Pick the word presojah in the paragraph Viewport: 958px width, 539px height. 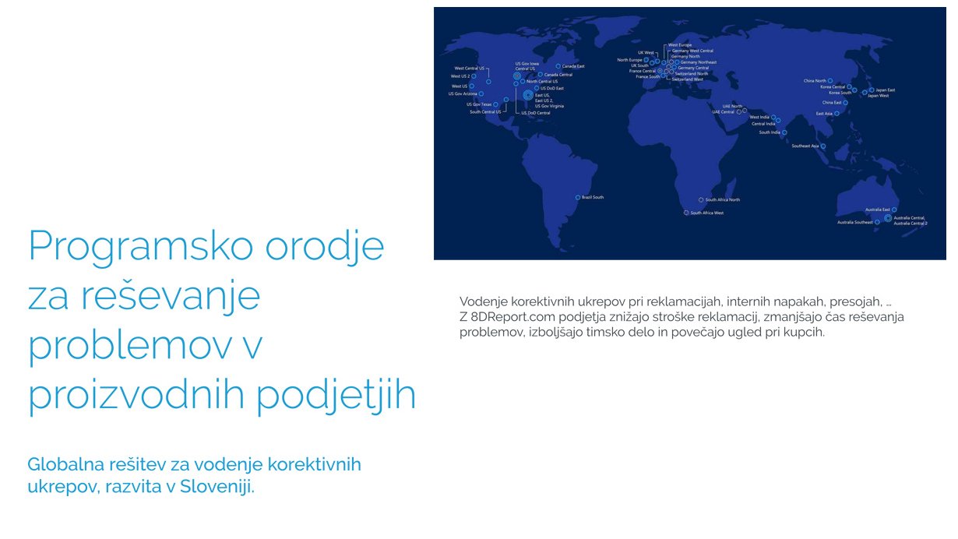pyautogui.click(x=853, y=301)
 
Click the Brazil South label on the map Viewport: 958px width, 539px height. pyautogui.click(x=593, y=197)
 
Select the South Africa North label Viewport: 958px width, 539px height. pyautogui.click(x=723, y=200)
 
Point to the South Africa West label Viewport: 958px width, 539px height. pyautogui.click(x=707, y=213)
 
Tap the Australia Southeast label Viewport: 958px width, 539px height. pyautogui.click(x=855, y=223)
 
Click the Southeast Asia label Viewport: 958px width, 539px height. pyautogui.click(x=805, y=146)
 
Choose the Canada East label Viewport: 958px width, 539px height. pyautogui.click(x=573, y=66)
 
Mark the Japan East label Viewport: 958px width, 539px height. pyautogui.click(x=886, y=90)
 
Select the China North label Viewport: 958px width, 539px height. pyautogui.click(x=815, y=80)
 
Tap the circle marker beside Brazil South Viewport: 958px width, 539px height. pyautogui.click(x=577, y=197)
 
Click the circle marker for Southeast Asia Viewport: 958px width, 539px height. pyautogui.click(x=823, y=146)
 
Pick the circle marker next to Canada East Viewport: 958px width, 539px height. pyautogui.click(x=558, y=66)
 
